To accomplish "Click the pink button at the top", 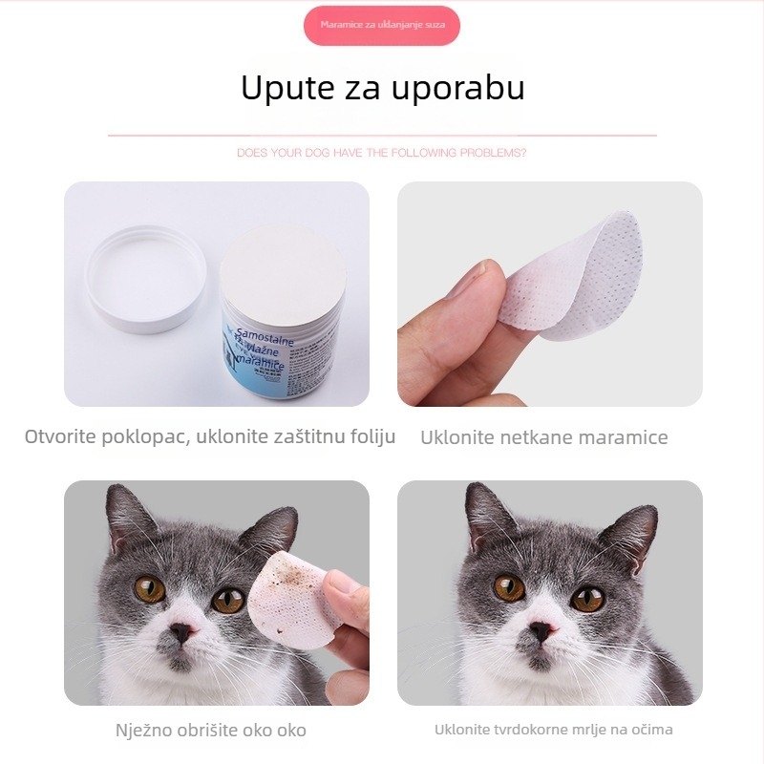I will tap(382, 25).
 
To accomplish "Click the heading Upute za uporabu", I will tap(382, 88).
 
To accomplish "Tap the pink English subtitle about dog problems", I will tap(382, 153).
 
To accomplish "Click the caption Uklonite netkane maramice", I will tap(544, 437).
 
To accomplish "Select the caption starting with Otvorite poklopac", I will tap(210, 437).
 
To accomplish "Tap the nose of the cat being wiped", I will tap(180, 634).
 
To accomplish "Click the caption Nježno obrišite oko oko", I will tap(211, 730).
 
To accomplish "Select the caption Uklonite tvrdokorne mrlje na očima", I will tap(553, 730).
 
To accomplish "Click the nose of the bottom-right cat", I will tap(542, 631).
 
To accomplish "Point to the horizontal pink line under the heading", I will tap(382, 136).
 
